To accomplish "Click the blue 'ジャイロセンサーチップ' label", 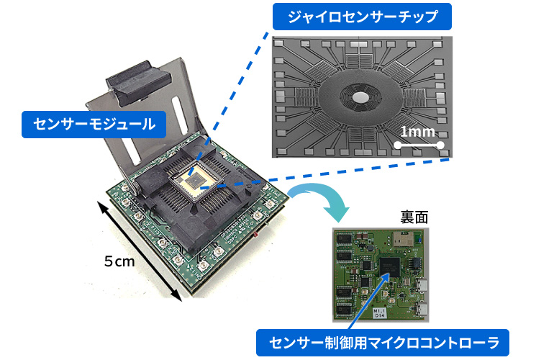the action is pyautogui.click(x=362, y=17).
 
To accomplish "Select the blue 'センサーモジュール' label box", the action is pyautogui.click(x=94, y=125).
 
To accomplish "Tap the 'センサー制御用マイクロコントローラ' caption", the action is pyautogui.click(x=383, y=343).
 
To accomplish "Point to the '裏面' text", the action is pyautogui.click(x=414, y=217).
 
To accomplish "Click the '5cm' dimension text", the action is pyautogui.click(x=119, y=262).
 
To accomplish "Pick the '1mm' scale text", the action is pyautogui.click(x=417, y=132).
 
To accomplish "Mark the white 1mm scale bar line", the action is pyautogui.click(x=419, y=145).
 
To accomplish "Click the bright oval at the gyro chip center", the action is pyautogui.click(x=360, y=98).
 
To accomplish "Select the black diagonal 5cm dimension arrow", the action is pyautogui.click(x=140, y=251).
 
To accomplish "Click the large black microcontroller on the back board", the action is pyautogui.click(x=390, y=268).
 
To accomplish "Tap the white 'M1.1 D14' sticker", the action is pyautogui.click(x=379, y=313).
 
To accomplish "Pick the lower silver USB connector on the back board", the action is pyautogui.click(x=422, y=310).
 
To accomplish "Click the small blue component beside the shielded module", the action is pyautogui.click(x=417, y=238).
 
